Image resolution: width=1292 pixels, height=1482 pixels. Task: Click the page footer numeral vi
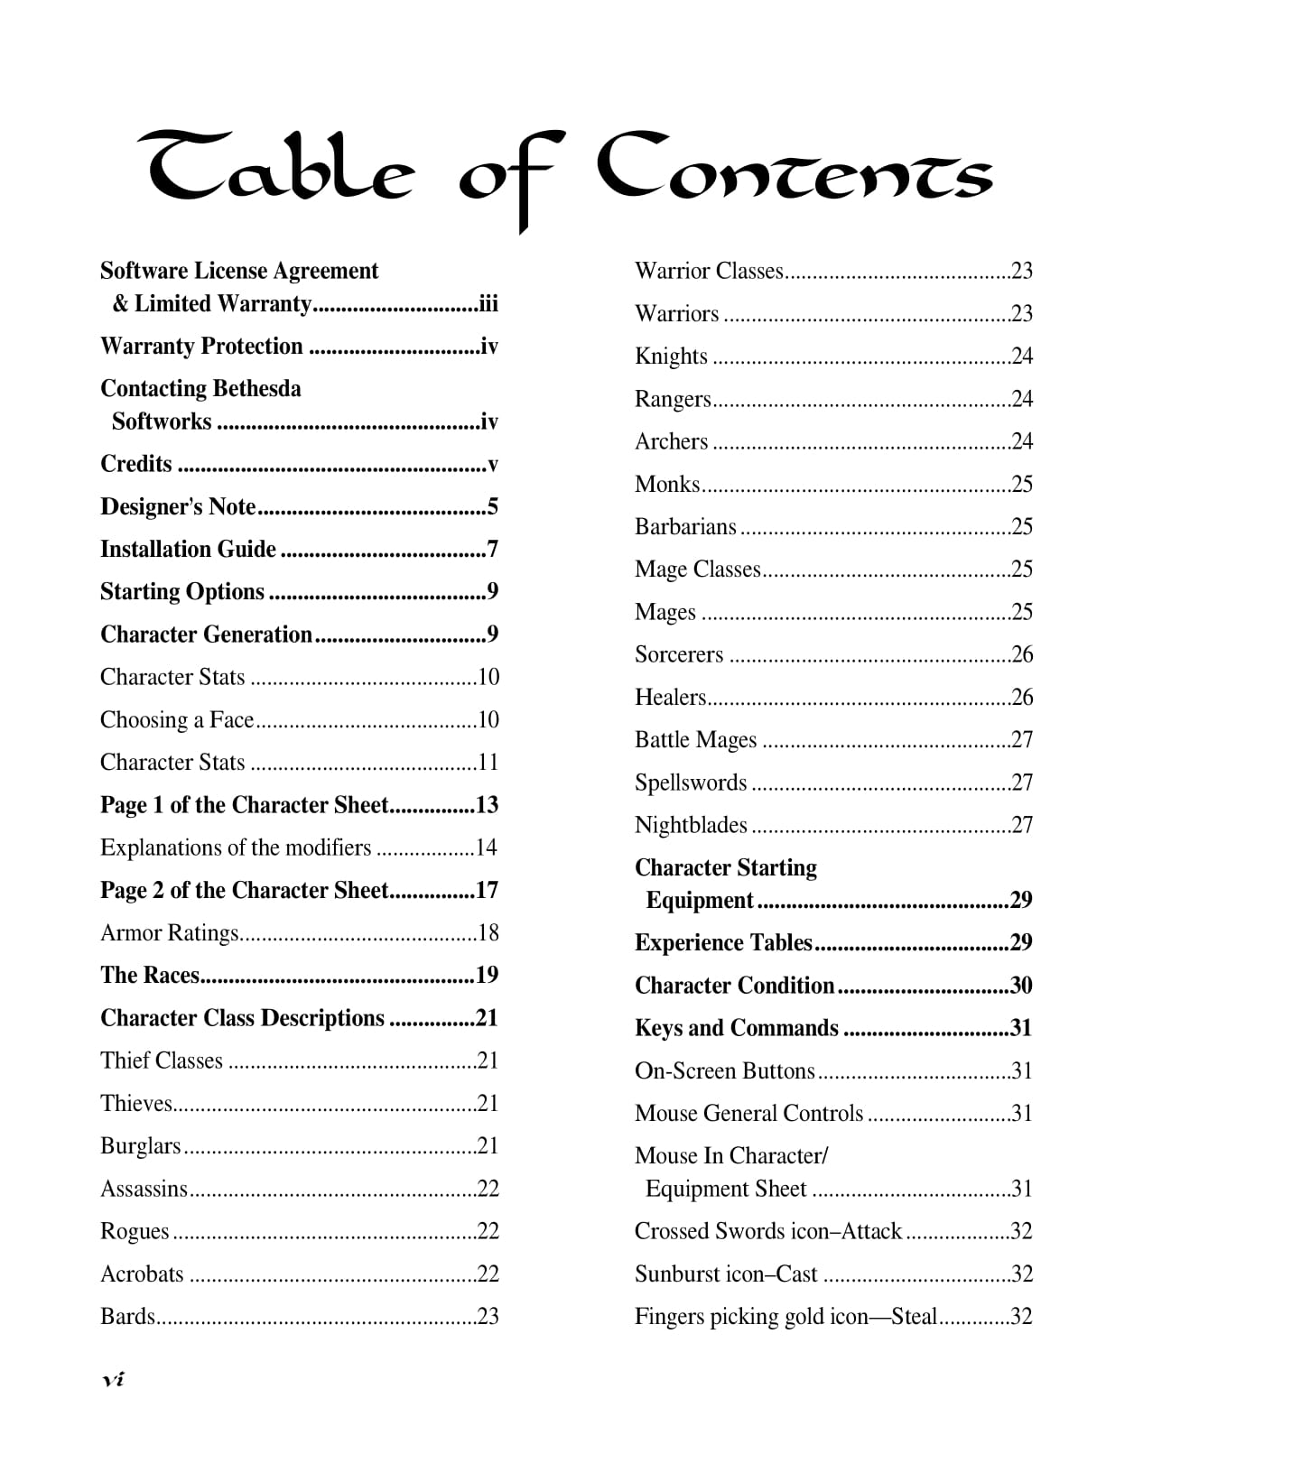point(113,1379)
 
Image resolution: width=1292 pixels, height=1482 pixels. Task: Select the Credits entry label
point(135,464)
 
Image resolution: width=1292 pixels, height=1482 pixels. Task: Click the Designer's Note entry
point(178,506)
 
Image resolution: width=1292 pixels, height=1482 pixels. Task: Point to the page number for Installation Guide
point(492,549)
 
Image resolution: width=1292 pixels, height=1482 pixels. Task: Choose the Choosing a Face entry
point(177,719)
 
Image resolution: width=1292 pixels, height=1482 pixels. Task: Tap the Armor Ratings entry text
point(169,932)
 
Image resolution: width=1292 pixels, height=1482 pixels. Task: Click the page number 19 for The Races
point(487,975)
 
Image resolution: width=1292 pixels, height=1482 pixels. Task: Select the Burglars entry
point(140,1145)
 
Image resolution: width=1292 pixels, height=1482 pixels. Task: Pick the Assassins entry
point(144,1189)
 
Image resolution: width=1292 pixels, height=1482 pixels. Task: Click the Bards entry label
point(127,1316)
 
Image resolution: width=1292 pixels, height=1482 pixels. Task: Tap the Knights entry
point(671,356)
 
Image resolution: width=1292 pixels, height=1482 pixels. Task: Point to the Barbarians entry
point(685,526)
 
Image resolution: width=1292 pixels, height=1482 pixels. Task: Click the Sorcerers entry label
point(679,654)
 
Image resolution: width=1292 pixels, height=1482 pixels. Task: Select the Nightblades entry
point(691,825)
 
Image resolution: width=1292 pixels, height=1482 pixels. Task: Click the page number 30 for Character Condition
point(1021,985)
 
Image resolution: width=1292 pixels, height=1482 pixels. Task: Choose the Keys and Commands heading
point(737,1028)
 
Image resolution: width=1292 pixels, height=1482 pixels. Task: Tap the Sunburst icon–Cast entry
point(726,1274)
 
